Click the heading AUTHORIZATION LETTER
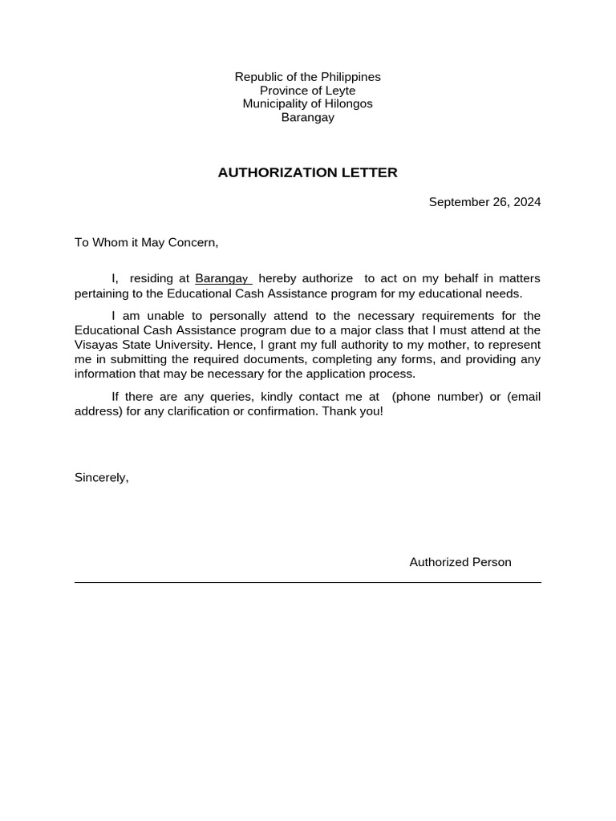pyautogui.click(x=307, y=172)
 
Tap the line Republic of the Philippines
pyautogui.click(x=307, y=77)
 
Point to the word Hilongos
pyautogui.click(x=347, y=104)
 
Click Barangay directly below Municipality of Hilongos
pyautogui.click(x=307, y=118)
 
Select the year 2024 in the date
pyautogui.click(x=527, y=202)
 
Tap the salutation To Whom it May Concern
pyautogui.click(x=146, y=242)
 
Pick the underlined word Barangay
pyautogui.click(x=222, y=278)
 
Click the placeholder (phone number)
pyautogui.click(x=438, y=397)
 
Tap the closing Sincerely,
pyautogui.click(x=101, y=478)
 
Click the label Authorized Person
pyautogui.click(x=460, y=562)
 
